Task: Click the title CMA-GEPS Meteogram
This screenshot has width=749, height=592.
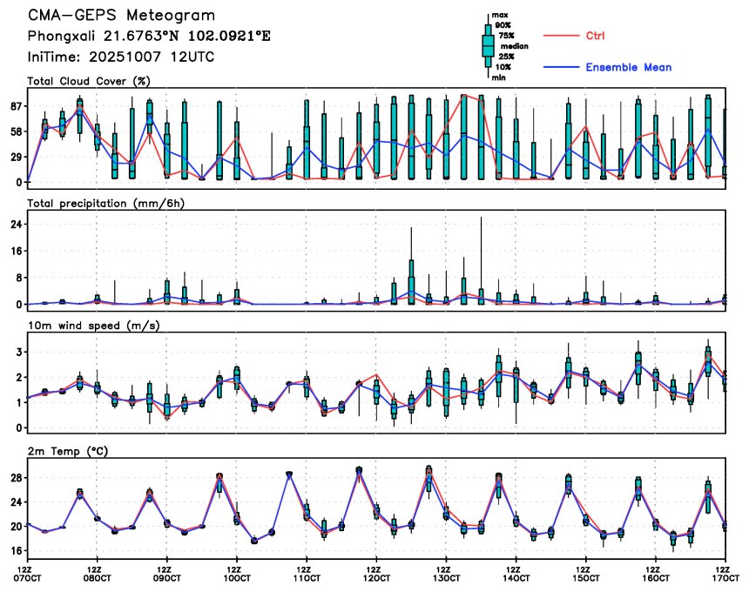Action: coord(121,17)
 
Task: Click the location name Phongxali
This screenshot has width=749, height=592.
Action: coord(58,37)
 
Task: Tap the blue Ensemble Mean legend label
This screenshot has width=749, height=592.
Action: coord(628,67)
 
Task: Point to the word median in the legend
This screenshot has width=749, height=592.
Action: coord(513,46)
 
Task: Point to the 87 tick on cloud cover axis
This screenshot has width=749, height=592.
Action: coord(16,106)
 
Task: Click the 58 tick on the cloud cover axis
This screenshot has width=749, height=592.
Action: coord(16,131)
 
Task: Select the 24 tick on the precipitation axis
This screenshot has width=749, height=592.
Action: coord(16,224)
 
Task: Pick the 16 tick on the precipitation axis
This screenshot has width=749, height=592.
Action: coord(16,251)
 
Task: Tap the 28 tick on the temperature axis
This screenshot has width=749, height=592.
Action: coord(16,478)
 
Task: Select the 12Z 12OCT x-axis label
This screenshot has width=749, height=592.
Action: coord(375,574)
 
